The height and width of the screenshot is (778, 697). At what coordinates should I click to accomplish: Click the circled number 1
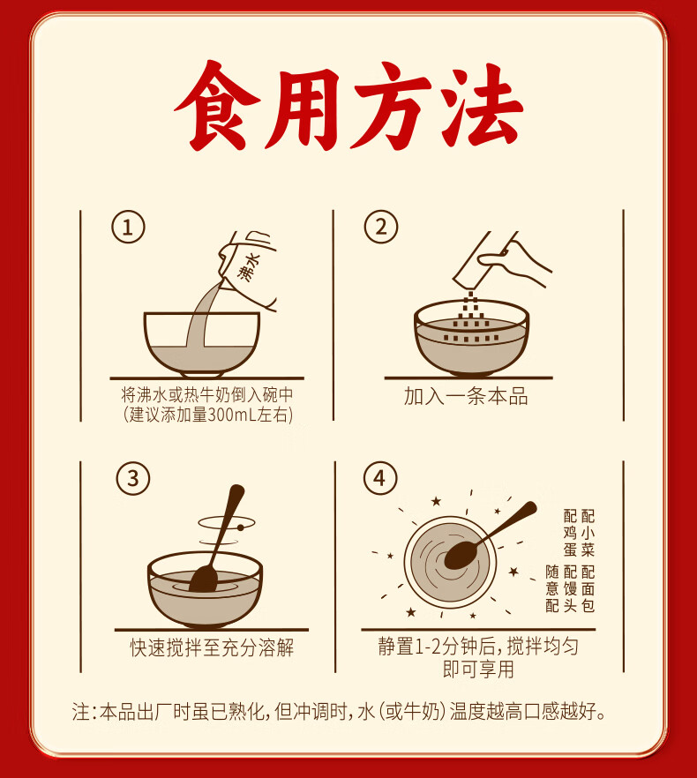(x=128, y=228)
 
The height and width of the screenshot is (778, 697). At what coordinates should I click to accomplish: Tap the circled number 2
(x=381, y=227)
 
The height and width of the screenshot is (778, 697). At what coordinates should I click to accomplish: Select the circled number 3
(x=132, y=478)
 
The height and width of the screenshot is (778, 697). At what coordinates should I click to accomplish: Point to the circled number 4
(x=380, y=478)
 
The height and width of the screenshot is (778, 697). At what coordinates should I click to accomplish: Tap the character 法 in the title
(x=482, y=105)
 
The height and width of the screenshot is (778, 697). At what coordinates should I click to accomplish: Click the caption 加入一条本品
(x=466, y=396)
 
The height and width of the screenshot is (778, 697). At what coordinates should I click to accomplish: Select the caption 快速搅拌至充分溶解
(x=212, y=647)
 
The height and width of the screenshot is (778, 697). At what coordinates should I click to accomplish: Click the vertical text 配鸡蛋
(x=570, y=533)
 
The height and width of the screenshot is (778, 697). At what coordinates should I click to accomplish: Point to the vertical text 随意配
(x=552, y=588)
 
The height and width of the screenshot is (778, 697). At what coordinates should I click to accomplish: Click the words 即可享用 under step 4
(x=478, y=670)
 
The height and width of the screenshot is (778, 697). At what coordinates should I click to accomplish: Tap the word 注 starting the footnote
(x=80, y=712)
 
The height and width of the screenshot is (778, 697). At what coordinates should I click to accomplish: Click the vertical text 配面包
(x=588, y=588)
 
